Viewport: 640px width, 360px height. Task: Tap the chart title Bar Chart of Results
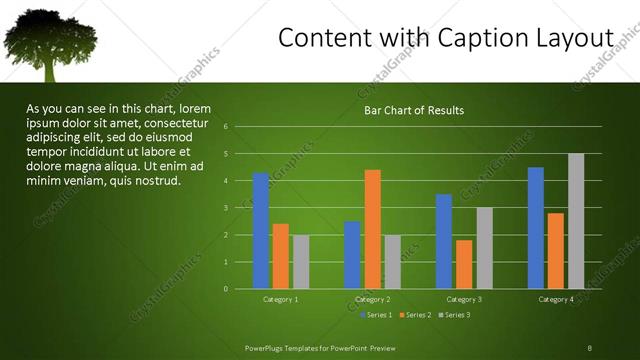(413, 110)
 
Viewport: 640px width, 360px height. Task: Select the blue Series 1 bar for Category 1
(261, 230)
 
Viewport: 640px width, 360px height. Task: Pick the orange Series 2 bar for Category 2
(372, 229)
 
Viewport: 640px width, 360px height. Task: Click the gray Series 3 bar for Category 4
(575, 221)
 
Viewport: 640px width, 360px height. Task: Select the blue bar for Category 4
(536, 227)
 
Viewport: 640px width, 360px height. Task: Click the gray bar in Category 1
(301, 261)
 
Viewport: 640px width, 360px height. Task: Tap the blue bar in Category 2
(352, 254)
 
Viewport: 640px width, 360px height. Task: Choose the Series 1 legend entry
(376, 315)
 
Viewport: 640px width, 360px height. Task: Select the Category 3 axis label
(463, 299)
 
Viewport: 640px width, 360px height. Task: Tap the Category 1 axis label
(280, 299)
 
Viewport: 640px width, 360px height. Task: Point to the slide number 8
(590, 347)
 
